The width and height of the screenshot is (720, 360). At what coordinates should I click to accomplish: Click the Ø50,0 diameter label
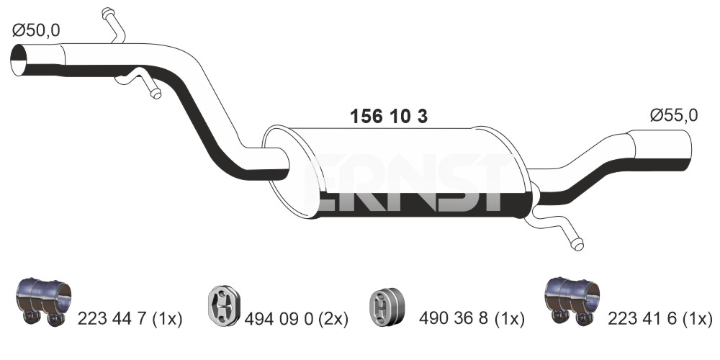[36, 31]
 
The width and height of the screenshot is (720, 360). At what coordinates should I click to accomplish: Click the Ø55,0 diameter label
[674, 115]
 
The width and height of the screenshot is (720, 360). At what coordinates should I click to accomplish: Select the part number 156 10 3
[389, 117]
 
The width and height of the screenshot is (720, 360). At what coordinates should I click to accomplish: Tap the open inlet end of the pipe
[19, 60]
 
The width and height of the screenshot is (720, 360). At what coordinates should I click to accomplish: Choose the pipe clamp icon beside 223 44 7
[43, 301]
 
